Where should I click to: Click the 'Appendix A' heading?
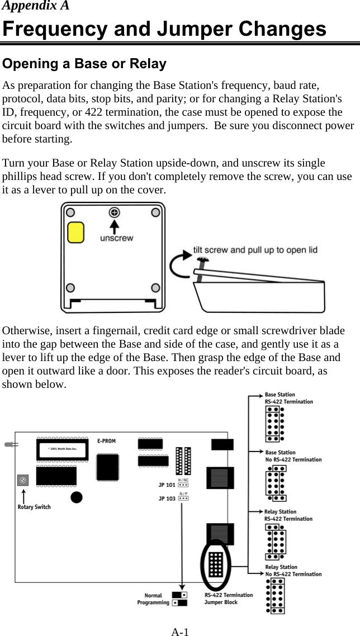36,6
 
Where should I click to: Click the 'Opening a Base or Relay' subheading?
84,64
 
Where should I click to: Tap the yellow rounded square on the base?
75,232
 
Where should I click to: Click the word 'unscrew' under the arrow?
116,238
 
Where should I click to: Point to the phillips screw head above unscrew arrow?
115,212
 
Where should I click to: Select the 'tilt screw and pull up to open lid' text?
255,250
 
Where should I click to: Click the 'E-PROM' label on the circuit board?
106,441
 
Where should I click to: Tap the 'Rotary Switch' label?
35,507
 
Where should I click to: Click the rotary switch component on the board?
23,480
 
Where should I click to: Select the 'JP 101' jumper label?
166,485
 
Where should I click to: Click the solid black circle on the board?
77,497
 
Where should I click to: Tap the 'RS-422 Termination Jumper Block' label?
229,599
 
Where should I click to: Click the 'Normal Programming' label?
153,599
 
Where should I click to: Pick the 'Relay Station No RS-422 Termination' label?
293,571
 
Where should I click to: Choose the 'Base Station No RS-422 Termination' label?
293,456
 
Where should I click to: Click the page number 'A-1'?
179,632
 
